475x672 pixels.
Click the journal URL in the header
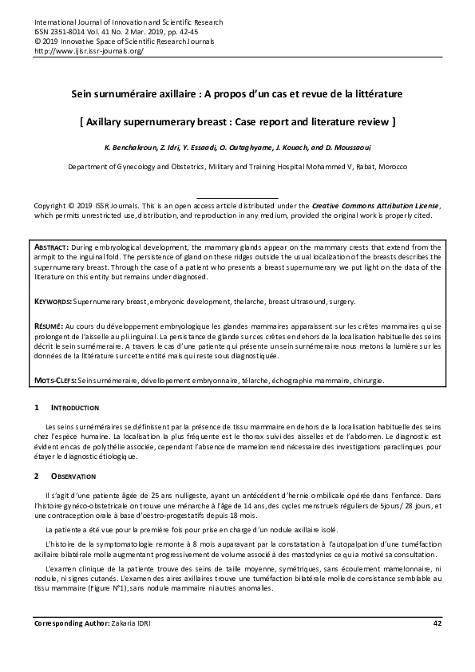tap(89, 50)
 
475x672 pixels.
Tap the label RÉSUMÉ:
tap(50, 327)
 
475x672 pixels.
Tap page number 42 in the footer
tap(436, 623)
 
